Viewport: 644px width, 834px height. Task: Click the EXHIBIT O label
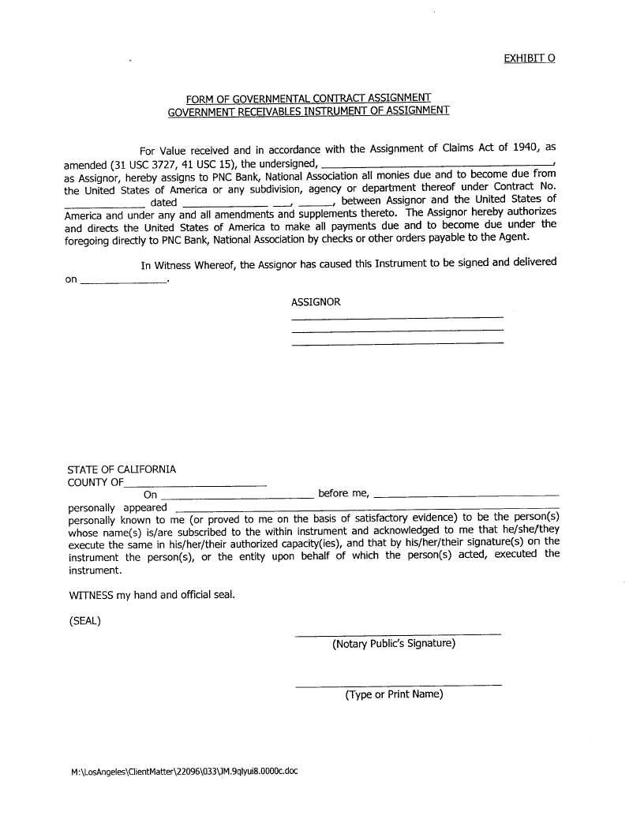(x=529, y=58)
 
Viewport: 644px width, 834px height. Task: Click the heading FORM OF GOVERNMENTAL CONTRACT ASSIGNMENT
(x=309, y=99)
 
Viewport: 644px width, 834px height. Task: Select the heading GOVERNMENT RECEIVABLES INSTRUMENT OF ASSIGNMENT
(x=309, y=110)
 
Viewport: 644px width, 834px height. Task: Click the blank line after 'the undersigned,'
(x=438, y=163)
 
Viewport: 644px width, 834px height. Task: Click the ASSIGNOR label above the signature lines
(x=316, y=302)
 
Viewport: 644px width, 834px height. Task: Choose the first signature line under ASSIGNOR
(x=397, y=318)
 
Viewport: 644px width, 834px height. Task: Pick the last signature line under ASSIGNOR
(x=397, y=343)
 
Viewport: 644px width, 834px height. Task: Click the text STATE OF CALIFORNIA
(x=122, y=469)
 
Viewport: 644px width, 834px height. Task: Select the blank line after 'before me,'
(x=466, y=495)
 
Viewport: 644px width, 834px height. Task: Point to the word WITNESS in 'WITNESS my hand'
(x=92, y=595)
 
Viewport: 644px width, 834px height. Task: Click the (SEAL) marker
(x=85, y=620)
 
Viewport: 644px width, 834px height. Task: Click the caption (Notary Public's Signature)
(x=394, y=644)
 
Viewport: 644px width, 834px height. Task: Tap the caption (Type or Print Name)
(x=394, y=694)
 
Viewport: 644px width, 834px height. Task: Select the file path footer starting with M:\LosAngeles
(x=184, y=772)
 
